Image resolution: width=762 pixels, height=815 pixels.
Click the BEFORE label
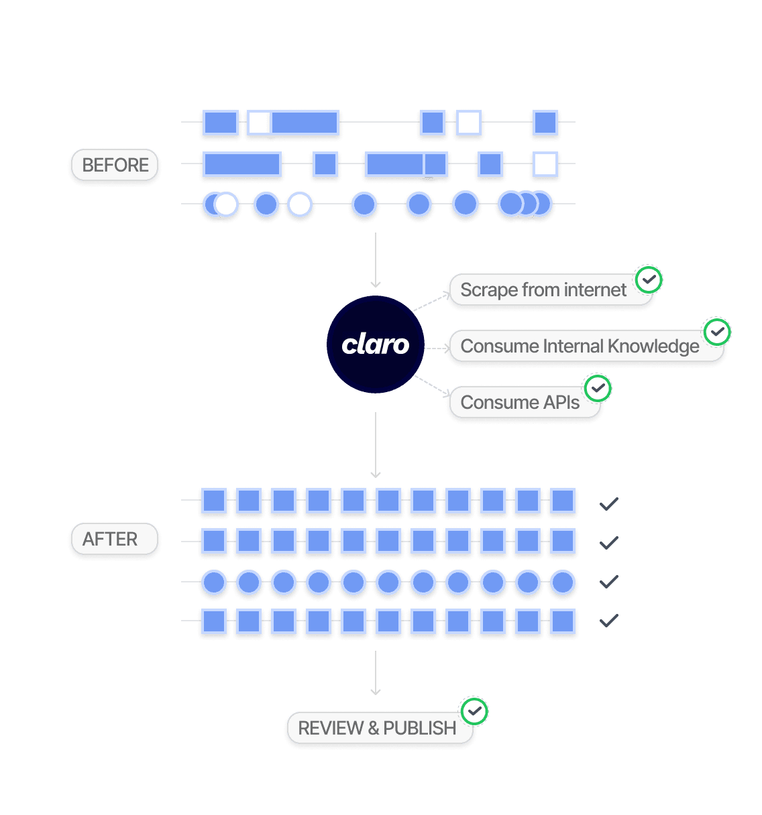tap(115, 165)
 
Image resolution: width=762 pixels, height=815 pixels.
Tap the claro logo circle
tap(376, 344)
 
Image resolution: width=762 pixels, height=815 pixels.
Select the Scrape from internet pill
tap(543, 290)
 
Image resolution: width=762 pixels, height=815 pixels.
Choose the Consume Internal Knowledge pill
tap(580, 347)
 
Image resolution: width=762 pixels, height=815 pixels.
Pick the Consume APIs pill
tap(520, 403)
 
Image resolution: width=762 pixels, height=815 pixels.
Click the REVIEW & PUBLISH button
tap(377, 728)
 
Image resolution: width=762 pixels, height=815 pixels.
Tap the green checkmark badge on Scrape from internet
tap(649, 279)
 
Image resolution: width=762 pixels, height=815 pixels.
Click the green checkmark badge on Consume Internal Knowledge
tap(717, 331)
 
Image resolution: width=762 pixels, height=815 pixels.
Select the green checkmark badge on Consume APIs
tap(598, 388)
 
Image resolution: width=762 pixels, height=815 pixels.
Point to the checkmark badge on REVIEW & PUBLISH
tap(475, 711)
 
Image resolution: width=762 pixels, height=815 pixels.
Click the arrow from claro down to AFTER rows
tap(376, 445)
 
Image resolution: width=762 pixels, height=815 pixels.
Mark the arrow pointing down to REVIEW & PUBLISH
tap(376, 673)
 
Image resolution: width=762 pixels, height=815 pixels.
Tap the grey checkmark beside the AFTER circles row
tap(608, 582)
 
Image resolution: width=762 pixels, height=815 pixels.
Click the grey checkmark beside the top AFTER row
tap(608, 503)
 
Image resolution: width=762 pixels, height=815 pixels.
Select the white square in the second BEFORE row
tap(545, 164)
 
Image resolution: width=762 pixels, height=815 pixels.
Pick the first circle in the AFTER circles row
tap(214, 582)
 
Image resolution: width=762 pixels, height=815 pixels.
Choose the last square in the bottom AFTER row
tap(562, 621)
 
